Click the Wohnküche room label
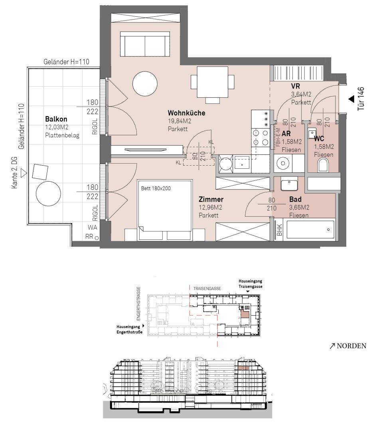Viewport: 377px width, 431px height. [x=186, y=113]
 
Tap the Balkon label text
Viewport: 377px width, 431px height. [x=56, y=119]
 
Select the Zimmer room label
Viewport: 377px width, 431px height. [x=211, y=199]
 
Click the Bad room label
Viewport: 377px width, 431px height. [x=295, y=199]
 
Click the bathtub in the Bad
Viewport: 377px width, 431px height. [x=311, y=229]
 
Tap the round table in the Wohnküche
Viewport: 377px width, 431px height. [x=145, y=83]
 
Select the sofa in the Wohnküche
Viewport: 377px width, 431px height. [x=145, y=44]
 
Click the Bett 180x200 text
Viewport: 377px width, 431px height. [x=156, y=188]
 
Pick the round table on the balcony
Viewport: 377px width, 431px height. [x=48, y=193]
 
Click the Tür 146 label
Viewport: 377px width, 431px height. [x=361, y=99]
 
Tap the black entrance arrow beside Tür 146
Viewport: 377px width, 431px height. [x=351, y=99]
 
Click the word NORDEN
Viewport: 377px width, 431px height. [x=351, y=346]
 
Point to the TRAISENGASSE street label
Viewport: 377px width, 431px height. [x=207, y=289]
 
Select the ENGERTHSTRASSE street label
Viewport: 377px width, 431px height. [x=138, y=304]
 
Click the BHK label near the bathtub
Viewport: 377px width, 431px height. [x=279, y=230]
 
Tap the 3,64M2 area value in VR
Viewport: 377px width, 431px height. [x=301, y=94]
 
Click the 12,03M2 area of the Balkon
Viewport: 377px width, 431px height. [x=57, y=127]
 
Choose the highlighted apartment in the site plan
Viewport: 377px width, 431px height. [x=244, y=314]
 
